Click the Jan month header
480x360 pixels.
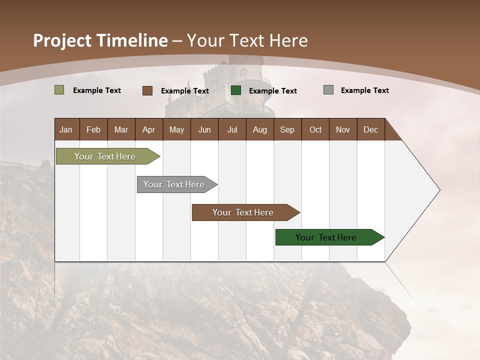click(66, 129)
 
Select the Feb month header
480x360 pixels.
click(93, 129)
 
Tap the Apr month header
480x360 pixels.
click(148, 129)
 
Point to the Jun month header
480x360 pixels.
click(204, 129)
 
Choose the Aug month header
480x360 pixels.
click(260, 129)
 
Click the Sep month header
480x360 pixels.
click(287, 129)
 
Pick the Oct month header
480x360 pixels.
click(315, 129)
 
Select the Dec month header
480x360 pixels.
click(370, 129)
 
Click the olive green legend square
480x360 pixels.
click(59, 90)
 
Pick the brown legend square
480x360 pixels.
click(147, 90)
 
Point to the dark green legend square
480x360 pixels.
click(236, 90)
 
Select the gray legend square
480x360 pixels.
click(328, 90)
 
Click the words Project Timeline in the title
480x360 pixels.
click(100, 40)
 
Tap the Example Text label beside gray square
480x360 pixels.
click(364, 90)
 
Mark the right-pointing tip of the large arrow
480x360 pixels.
click(438, 190)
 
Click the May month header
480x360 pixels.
click(176, 129)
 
